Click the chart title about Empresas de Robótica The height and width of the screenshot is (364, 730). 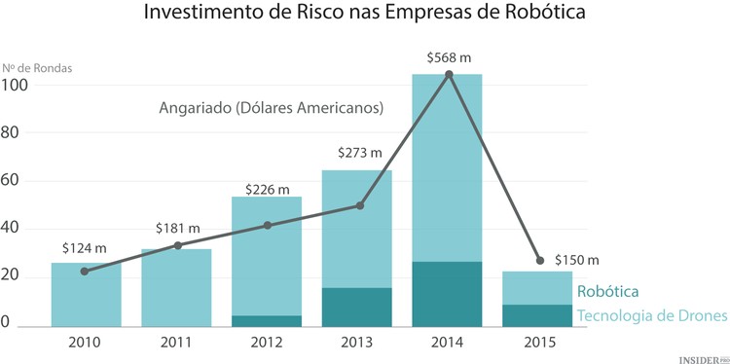[x=365, y=15]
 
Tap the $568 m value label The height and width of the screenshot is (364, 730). [x=448, y=58]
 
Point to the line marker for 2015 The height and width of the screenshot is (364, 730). [x=539, y=260]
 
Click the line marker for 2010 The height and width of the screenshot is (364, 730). [x=85, y=271]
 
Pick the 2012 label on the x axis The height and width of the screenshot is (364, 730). [x=266, y=343]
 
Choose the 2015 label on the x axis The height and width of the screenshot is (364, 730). [x=537, y=343]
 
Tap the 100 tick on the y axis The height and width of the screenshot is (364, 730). [x=17, y=85]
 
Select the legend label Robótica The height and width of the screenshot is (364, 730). [x=608, y=291]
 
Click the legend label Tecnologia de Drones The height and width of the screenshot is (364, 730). [x=647, y=315]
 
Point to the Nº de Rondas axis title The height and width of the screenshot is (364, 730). [x=37, y=68]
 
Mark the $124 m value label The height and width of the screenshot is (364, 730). [x=86, y=248]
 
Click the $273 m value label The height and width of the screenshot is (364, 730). [x=359, y=153]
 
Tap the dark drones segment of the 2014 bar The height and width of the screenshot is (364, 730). [x=447, y=294]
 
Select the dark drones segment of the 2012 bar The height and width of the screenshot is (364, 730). [x=266, y=320]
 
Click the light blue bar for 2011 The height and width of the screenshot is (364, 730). [x=175, y=288]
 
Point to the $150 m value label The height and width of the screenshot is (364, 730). [x=576, y=260]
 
